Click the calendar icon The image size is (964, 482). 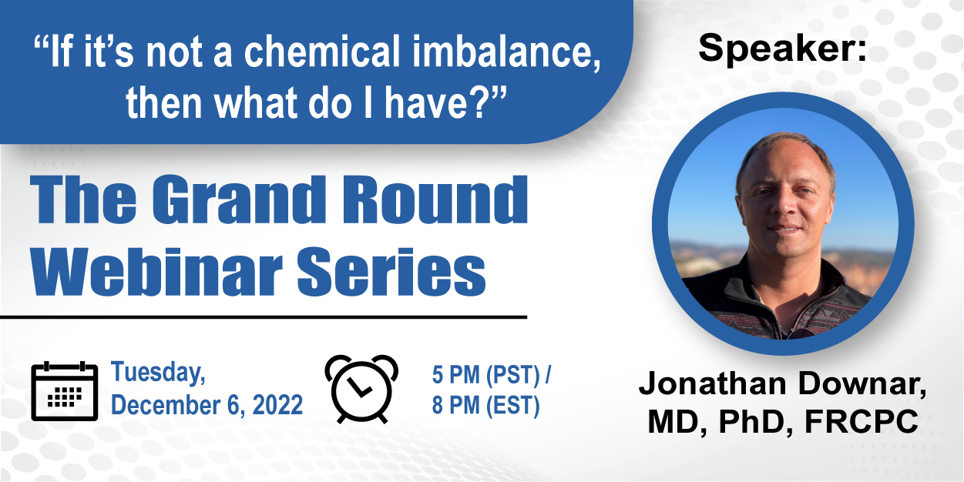pos(65,391)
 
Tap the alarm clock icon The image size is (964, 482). pos(361,389)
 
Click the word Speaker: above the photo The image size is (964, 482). pos(782,49)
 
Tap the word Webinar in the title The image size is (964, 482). pos(156,271)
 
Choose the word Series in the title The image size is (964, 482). pos(391,272)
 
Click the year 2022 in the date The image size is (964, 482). pos(277,405)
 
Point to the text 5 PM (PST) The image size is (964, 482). pos(486,374)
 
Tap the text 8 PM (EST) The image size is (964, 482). pos(486,406)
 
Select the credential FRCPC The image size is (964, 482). pos(862,421)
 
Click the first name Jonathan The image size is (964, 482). pos(714,383)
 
